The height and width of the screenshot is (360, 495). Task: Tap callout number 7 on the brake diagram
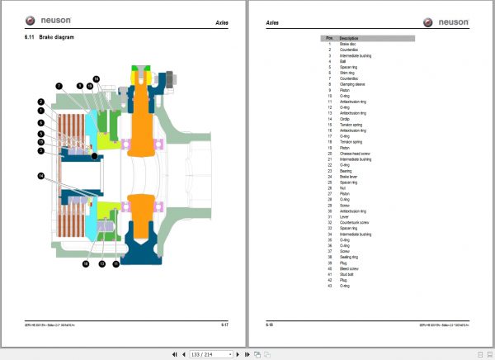[59, 85]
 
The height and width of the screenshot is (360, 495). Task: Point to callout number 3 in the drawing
[40, 150]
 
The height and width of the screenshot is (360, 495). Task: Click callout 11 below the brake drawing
[116, 264]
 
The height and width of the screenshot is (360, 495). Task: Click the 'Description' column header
[348, 38]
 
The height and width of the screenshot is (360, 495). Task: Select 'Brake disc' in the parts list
[347, 44]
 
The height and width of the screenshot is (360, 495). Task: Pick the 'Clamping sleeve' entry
[351, 83]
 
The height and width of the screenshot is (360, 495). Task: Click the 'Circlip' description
[344, 118]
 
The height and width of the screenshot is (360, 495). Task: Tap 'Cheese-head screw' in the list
[355, 153]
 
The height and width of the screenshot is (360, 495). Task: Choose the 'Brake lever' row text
[348, 176]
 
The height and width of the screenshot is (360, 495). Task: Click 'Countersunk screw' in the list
[355, 222]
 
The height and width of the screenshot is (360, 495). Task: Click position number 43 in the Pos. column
[329, 286]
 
